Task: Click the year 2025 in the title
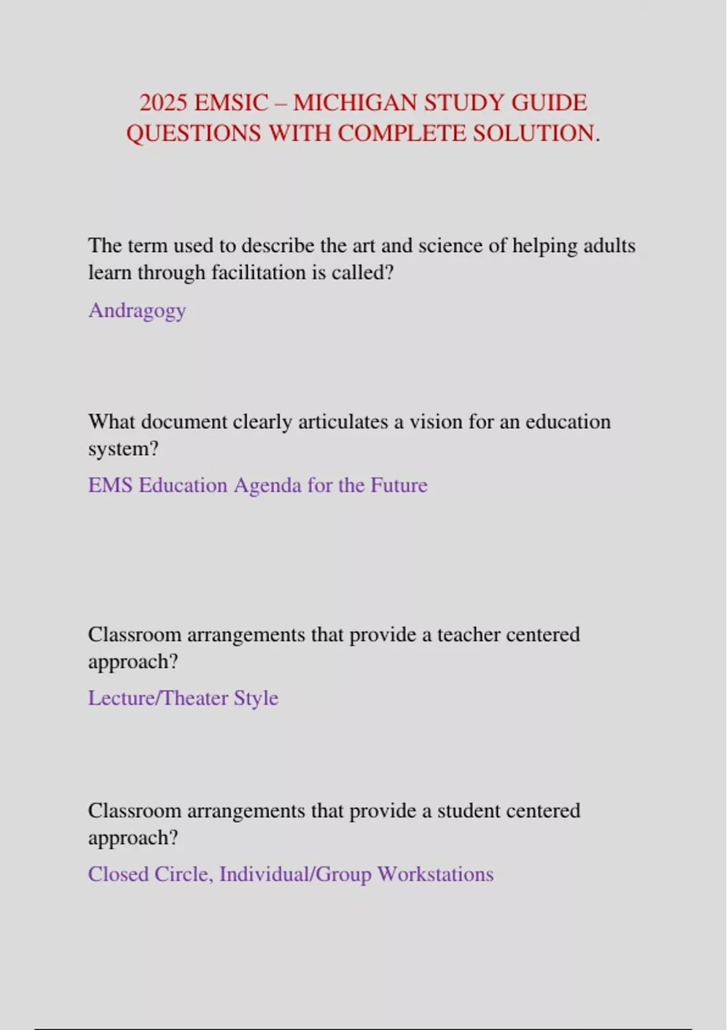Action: (x=163, y=103)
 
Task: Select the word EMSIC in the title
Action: (x=231, y=103)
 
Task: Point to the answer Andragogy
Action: (x=137, y=310)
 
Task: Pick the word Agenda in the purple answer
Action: (x=267, y=485)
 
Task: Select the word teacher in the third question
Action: (x=469, y=634)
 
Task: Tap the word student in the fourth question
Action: (x=469, y=811)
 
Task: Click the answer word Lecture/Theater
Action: (x=158, y=698)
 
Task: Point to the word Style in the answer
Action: (x=256, y=698)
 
